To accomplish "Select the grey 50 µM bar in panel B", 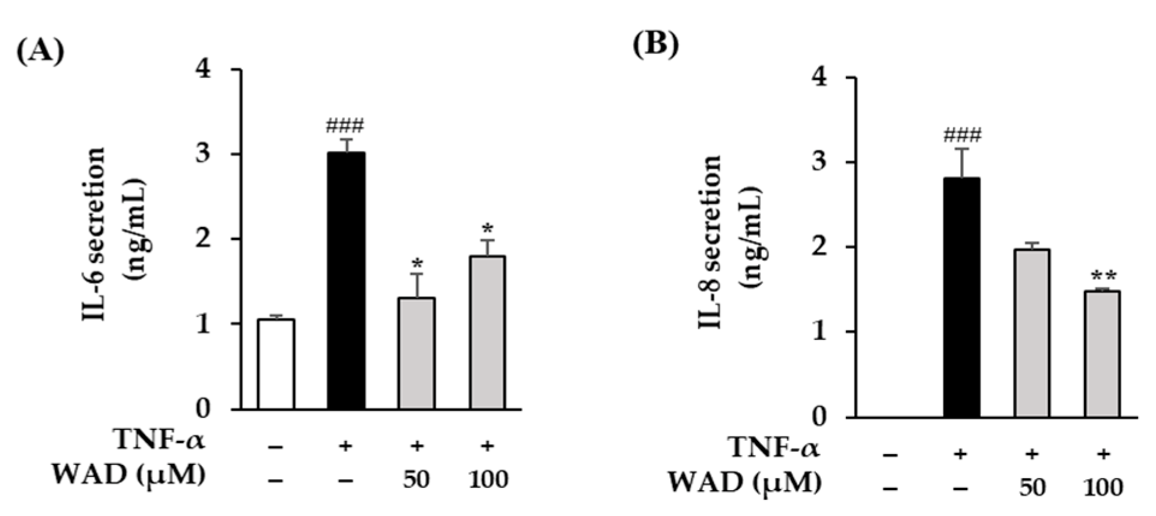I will pyautogui.click(x=1032, y=333).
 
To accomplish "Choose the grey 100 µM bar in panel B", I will pyautogui.click(x=1103, y=354).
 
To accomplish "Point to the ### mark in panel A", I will pyautogui.click(x=345, y=127).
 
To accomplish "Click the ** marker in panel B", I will pyautogui.click(x=1104, y=277).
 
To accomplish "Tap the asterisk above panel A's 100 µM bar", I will pyautogui.click(x=487, y=229).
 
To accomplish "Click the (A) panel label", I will pyautogui.click(x=40, y=53).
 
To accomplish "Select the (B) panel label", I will pyautogui.click(x=656, y=46).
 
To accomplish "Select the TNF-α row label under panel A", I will pyautogui.click(x=160, y=441).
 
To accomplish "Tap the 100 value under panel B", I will pyautogui.click(x=1103, y=487).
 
